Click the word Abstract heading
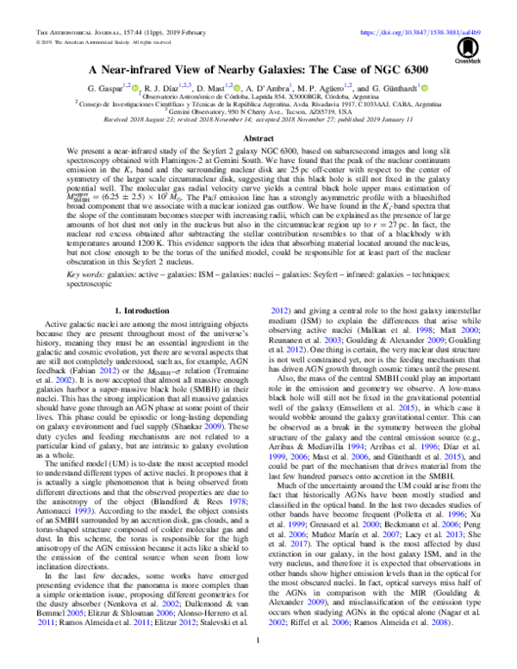(x=258, y=138)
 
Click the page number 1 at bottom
(x=258, y=641)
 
